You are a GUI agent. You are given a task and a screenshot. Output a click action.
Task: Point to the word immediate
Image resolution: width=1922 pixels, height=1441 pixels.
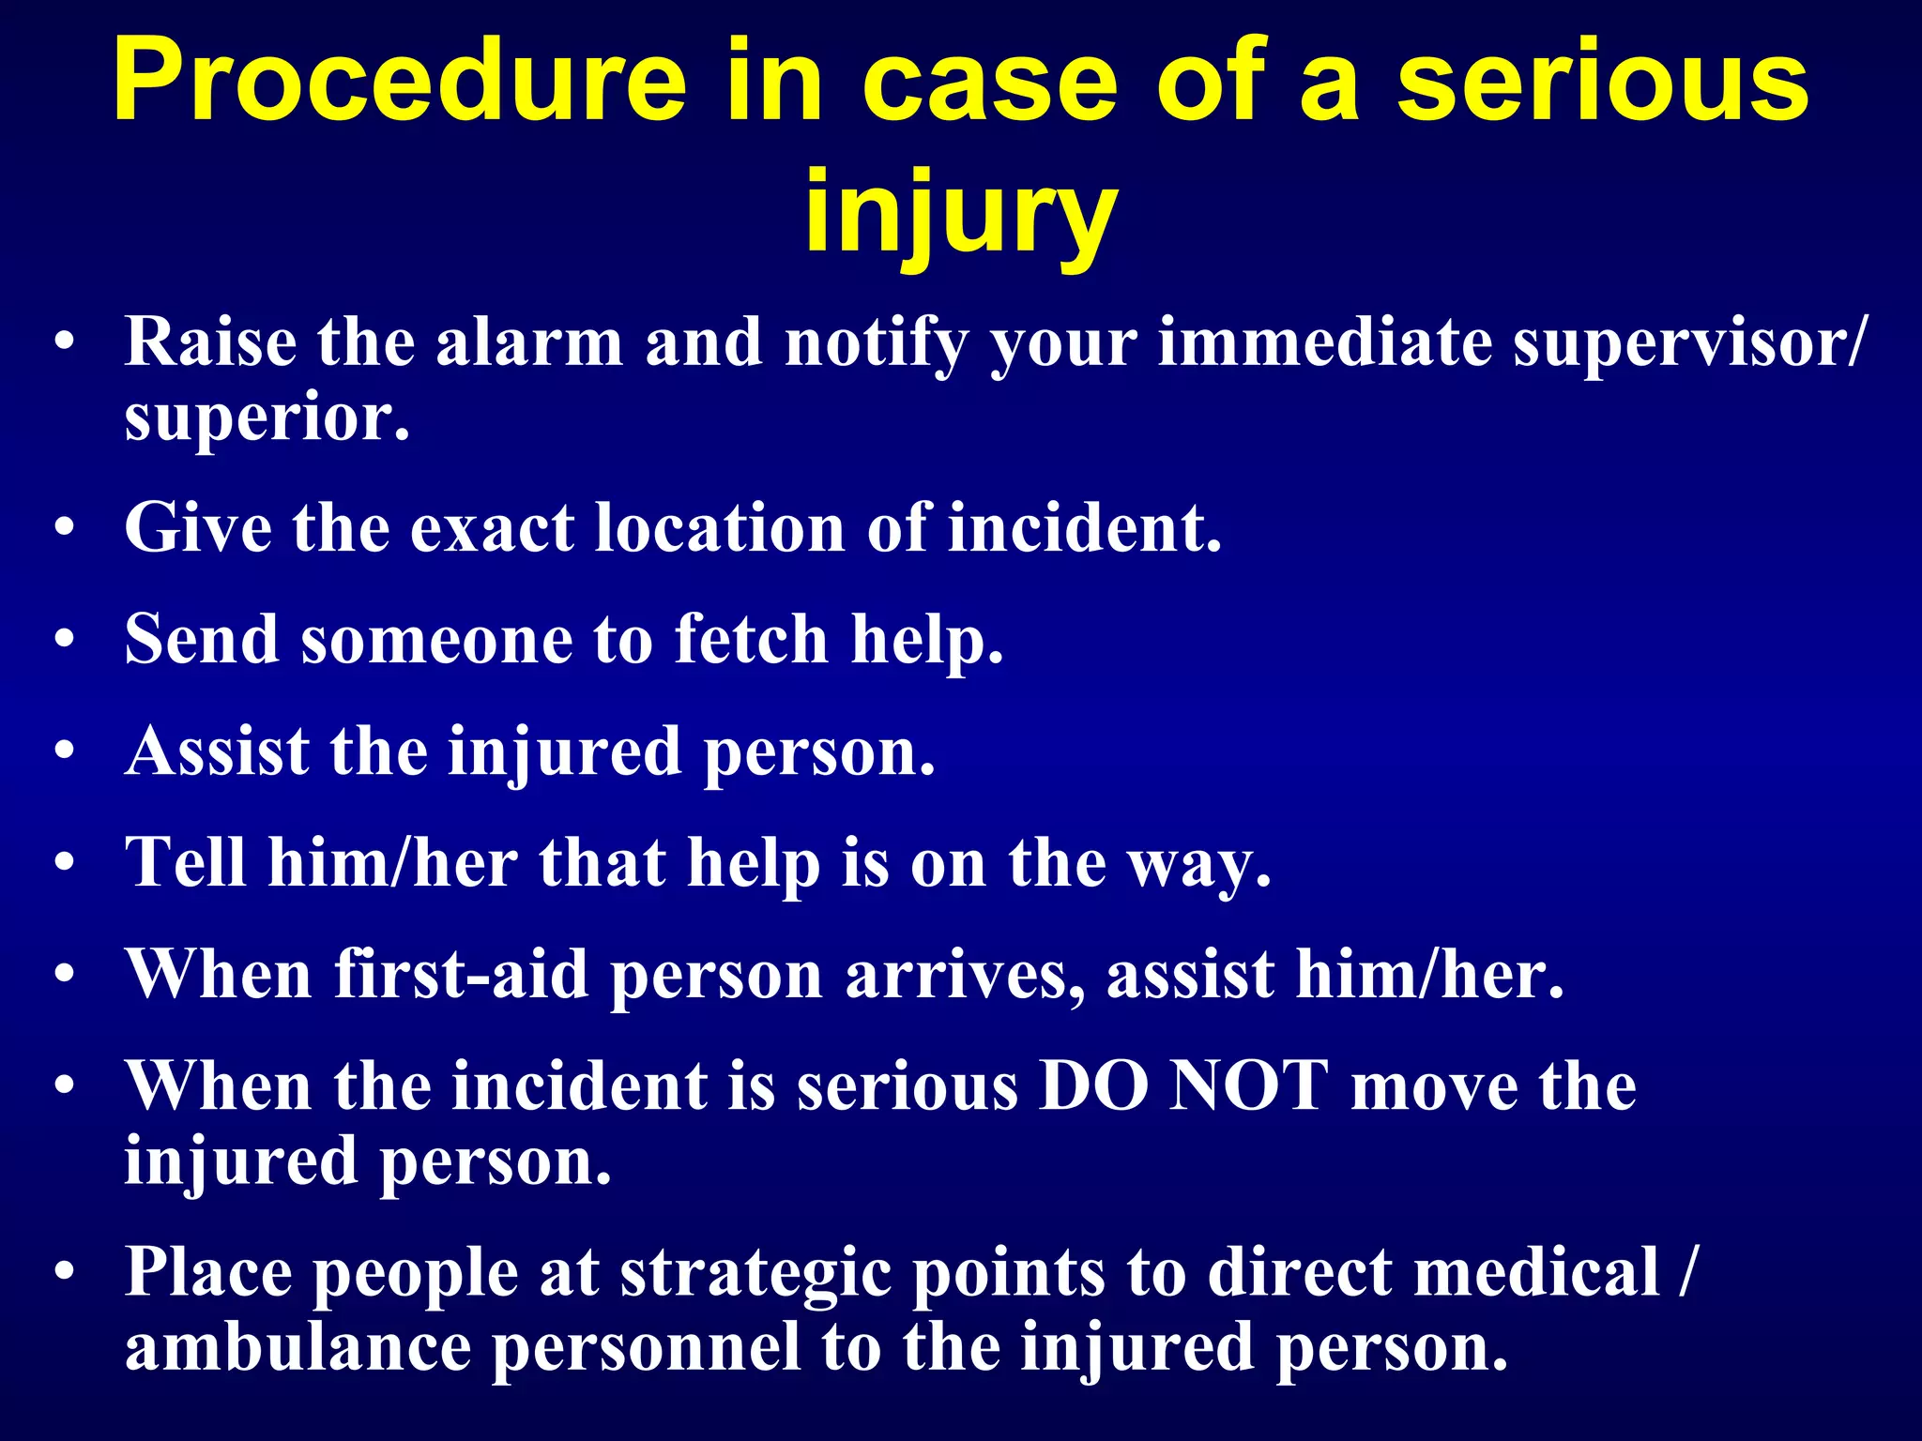(1323, 342)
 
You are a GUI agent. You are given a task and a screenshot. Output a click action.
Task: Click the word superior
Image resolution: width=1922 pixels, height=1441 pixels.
(267, 418)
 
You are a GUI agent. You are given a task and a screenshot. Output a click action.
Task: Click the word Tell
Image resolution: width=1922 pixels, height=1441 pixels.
(186, 862)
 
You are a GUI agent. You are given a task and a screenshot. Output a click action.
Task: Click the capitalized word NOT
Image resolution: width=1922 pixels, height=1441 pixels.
(1249, 1086)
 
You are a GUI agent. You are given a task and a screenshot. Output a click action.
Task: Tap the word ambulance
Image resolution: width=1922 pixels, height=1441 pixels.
(297, 1347)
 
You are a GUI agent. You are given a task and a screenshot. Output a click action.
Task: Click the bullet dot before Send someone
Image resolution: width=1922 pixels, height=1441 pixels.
(64, 641)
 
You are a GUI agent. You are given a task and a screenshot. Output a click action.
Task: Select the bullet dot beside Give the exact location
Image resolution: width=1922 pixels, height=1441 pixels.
(64, 529)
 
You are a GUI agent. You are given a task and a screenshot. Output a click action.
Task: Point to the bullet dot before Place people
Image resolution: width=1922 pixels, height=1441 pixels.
(64, 1274)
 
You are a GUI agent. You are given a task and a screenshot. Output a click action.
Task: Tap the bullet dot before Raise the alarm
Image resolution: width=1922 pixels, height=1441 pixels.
(64, 343)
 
